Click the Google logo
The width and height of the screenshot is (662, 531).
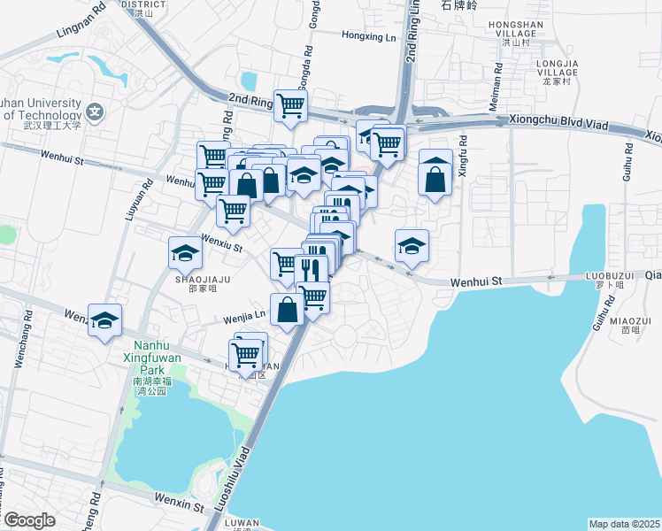29,520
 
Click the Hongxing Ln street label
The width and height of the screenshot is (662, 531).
369,36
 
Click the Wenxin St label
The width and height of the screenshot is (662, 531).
179,503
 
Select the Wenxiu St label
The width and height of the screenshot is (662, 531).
222,243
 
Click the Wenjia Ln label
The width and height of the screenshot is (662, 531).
243,313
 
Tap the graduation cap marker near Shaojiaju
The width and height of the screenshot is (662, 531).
186,253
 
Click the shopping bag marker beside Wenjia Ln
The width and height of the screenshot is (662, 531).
288,310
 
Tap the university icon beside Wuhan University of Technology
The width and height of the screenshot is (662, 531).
95,112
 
